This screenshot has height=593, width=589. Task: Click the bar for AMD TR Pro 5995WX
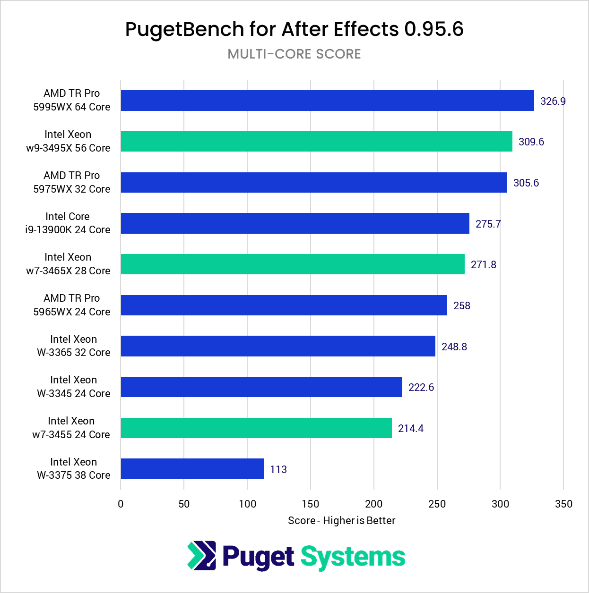(327, 101)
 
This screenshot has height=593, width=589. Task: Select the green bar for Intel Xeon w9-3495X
(316, 141)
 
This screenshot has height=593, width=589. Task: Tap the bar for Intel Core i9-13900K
(295, 223)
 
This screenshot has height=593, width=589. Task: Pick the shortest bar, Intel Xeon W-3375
(192, 469)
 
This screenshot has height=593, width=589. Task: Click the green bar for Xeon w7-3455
(256, 428)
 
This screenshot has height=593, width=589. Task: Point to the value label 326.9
(553, 101)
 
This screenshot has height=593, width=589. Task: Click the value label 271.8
(483, 264)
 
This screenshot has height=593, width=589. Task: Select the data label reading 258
(461, 305)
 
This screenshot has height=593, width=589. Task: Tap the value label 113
(278, 469)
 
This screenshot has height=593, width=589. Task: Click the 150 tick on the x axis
(311, 504)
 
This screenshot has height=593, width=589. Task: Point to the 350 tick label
(563, 504)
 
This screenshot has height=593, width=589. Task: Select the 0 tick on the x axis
(121, 504)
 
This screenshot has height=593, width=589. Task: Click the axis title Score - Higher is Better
(341, 520)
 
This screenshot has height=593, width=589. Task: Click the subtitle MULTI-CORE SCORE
(294, 54)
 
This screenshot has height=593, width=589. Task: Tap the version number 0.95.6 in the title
(433, 29)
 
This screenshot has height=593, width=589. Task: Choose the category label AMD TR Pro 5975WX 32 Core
(71, 182)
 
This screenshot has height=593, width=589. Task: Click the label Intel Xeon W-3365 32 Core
(73, 346)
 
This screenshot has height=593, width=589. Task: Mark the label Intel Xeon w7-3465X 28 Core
(68, 264)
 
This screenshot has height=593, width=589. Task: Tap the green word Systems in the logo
(353, 557)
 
